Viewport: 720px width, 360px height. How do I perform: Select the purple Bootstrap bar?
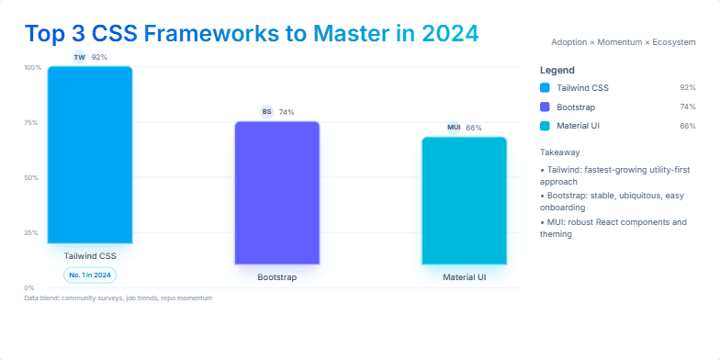[x=276, y=193]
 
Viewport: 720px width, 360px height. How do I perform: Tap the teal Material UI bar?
[x=464, y=200]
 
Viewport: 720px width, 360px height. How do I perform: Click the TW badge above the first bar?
[x=79, y=57]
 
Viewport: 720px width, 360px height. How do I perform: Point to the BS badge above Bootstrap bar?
[x=267, y=112]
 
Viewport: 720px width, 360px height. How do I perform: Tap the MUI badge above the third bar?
[x=454, y=128]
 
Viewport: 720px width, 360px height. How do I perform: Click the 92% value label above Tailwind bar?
[x=99, y=57]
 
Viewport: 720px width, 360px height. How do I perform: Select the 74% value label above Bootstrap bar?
[x=287, y=112]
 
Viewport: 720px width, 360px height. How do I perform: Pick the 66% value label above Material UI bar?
[x=474, y=128]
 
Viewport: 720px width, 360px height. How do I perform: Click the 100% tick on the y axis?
[x=32, y=67]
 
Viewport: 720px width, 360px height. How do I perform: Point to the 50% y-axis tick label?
[x=32, y=177]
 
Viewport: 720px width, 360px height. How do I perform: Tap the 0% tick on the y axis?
[x=30, y=287]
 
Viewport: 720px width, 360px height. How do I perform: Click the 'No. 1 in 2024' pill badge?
[x=90, y=275]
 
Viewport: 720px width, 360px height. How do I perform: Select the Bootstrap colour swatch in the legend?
[x=546, y=107]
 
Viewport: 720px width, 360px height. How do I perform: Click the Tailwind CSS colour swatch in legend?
[x=546, y=87]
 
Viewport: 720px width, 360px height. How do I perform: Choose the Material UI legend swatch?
[x=546, y=126]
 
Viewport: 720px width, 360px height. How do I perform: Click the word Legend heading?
[x=557, y=70]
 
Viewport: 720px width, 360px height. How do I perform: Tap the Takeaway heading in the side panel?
[x=559, y=152]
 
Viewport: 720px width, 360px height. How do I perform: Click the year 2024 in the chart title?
[x=450, y=33]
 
